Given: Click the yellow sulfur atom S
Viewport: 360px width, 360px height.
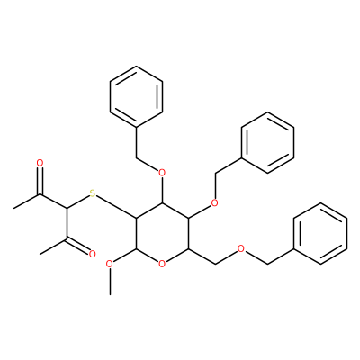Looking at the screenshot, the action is point(93,193).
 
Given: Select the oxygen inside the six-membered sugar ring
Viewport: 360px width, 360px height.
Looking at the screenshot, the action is point(162,264).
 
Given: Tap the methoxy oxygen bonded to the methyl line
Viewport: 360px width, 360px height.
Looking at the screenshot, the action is point(110,264).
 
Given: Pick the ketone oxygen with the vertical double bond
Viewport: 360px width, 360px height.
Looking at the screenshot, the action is point(40,163).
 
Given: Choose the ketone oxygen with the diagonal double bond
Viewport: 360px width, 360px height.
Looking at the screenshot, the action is point(92,254).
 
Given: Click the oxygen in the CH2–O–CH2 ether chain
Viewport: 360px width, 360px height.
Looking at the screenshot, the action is point(240,249).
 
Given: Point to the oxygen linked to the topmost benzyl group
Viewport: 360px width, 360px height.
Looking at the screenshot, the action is point(162,173).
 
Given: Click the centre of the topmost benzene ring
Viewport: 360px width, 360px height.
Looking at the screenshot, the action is point(137,97).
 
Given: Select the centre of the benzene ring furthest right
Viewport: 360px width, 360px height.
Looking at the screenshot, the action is point(321,234).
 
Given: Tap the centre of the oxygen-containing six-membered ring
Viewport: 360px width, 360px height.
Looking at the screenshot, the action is point(162,234).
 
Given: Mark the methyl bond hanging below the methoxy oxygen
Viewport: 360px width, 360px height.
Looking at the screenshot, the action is point(110,282).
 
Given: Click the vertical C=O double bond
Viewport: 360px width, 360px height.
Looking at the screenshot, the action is point(40,181).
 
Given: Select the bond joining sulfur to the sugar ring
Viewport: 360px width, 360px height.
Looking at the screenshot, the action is point(116,207).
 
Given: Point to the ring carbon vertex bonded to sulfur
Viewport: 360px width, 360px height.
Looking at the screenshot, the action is point(137,219).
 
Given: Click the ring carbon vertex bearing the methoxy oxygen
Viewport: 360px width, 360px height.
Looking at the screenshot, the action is point(137,249).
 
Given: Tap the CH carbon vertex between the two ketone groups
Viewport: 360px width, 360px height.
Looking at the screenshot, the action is point(66,208).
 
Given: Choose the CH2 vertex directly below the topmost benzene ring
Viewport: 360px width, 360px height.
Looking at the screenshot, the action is point(137,157).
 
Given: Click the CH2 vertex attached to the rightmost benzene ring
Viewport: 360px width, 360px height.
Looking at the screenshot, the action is point(267,265).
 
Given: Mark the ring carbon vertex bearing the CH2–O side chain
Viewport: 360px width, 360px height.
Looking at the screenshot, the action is point(188,249).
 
